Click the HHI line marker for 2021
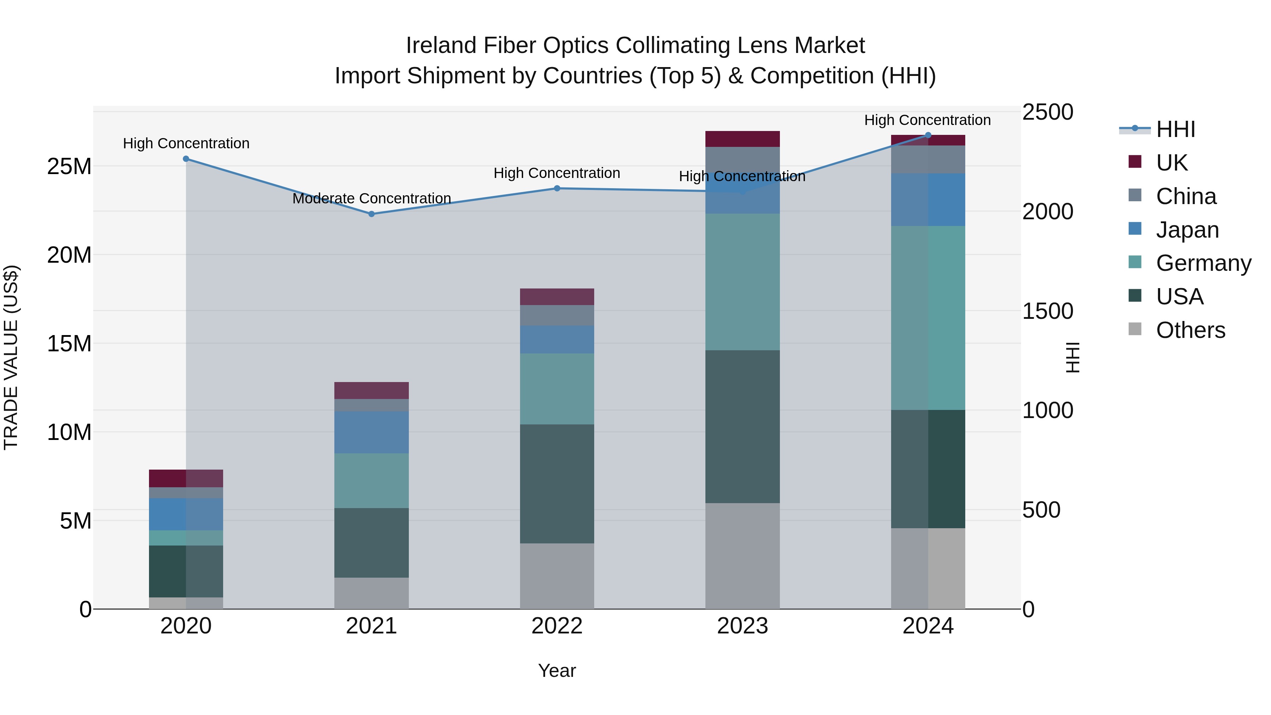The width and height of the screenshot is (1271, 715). coord(371,214)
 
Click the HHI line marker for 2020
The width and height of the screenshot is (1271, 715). coord(186,159)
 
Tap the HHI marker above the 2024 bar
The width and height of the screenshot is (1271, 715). coord(927,135)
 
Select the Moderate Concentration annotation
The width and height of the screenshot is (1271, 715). coord(371,198)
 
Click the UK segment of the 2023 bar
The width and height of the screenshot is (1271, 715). coord(742,139)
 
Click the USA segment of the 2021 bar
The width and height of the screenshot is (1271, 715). coord(371,543)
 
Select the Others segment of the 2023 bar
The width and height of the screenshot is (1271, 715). coord(742,556)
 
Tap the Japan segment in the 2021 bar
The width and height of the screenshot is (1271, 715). coord(371,432)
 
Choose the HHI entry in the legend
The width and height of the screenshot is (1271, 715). coord(1175,129)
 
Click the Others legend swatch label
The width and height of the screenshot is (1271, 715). coord(1190,330)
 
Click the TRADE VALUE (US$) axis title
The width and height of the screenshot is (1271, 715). coord(11,357)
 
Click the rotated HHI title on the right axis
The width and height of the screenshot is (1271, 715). coord(1072,357)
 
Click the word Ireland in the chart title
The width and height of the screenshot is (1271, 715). coord(441,46)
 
